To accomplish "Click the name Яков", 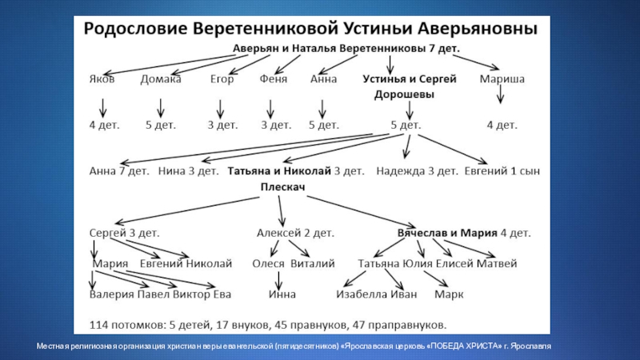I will click(x=102, y=80).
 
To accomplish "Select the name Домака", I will click(x=161, y=80).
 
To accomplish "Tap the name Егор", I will click(x=222, y=80).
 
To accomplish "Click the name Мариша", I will click(x=502, y=80).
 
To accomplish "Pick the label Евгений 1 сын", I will click(x=503, y=170).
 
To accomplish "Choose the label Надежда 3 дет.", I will click(x=416, y=170).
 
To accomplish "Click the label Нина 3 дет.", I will click(x=188, y=170).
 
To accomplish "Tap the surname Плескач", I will click(x=282, y=186).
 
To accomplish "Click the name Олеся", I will click(x=268, y=263).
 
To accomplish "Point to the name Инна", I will click(x=282, y=294).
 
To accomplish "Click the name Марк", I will click(x=449, y=294).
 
